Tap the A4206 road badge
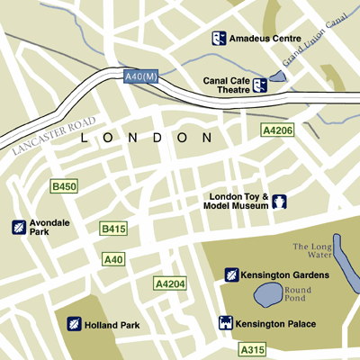point(276,130)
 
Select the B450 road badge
point(64,186)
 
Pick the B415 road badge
point(112,229)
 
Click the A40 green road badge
point(112,259)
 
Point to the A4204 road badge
point(170,284)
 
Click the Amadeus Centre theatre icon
point(219,38)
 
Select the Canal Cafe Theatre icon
point(261,85)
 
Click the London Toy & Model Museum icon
point(280,201)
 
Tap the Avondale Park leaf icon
point(19,227)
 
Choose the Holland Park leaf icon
point(75,323)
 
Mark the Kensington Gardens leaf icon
point(230,274)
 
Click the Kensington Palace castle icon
point(226,322)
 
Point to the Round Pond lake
point(268,294)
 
